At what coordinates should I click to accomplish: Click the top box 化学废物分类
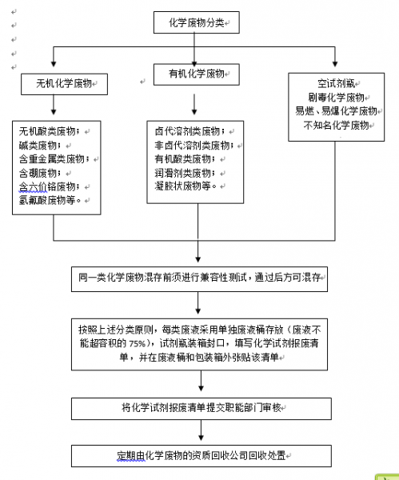[x=195, y=24]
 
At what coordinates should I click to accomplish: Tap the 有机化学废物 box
[x=196, y=74]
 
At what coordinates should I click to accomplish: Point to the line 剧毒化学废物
[x=335, y=98]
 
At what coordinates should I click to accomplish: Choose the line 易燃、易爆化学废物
[x=335, y=111]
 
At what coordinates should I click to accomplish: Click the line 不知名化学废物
[x=335, y=126]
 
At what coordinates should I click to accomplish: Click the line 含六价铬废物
[x=50, y=187]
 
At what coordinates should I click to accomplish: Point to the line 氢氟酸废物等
[x=50, y=201]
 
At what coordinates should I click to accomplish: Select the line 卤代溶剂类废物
[x=189, y=130]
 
